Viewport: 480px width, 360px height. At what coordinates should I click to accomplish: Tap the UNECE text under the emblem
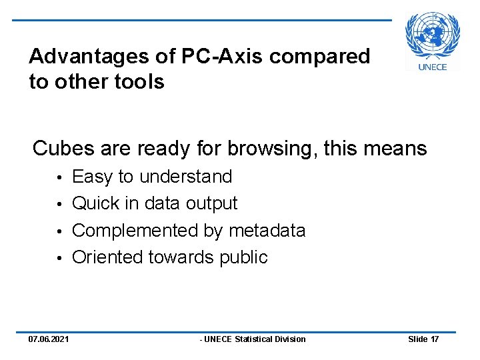433,67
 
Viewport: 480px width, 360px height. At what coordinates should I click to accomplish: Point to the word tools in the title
140,82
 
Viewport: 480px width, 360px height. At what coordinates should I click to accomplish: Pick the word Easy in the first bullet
92,177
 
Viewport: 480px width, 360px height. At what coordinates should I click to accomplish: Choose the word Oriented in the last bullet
107,257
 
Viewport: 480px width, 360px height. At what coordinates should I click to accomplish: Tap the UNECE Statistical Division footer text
254,339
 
